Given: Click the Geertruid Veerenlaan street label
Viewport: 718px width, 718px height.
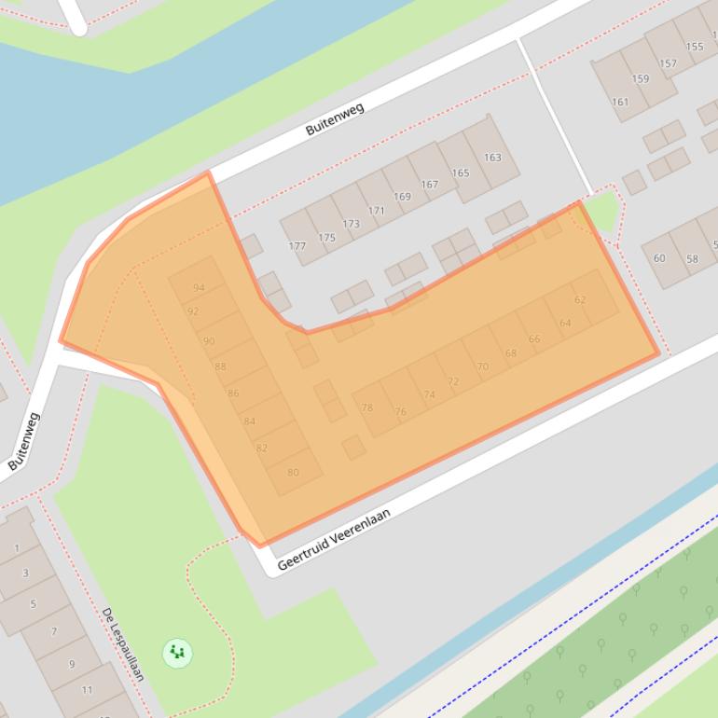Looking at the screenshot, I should coord(334,539).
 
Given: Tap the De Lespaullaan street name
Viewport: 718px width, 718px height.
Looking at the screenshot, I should coord(123,643).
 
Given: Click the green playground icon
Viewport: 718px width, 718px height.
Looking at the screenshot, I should coord(177,653).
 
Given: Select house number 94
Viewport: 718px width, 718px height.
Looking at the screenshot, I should coord(199,288).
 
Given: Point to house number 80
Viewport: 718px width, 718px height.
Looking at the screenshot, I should coord(293,472).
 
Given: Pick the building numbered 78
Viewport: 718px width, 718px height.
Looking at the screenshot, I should coord(366,407).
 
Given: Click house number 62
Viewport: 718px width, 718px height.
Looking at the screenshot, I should coord(580,299).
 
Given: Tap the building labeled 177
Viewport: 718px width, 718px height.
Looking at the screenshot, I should coord(297,246).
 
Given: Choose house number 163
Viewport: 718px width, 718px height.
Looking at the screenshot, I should coord(492,157).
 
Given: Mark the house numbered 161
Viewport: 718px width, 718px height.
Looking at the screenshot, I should coord(620,103).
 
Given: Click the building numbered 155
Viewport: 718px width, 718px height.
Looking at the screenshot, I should coord(695,47).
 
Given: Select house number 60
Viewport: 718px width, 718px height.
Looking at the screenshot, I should coord(659,258).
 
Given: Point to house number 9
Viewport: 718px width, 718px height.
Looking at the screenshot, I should coord(71,664).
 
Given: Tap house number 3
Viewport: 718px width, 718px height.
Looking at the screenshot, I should coord(25,573).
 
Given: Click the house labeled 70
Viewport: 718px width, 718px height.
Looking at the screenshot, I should coord(482,366).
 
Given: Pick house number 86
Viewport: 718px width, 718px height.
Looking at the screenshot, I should coord(233,394).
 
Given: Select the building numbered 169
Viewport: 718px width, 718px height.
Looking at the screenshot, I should coord(402,197).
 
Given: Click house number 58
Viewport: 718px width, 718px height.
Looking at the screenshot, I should coord(692,258).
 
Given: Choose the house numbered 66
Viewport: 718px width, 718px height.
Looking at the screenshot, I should coord(533,338).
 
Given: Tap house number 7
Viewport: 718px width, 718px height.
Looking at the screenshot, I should coord(54,631).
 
